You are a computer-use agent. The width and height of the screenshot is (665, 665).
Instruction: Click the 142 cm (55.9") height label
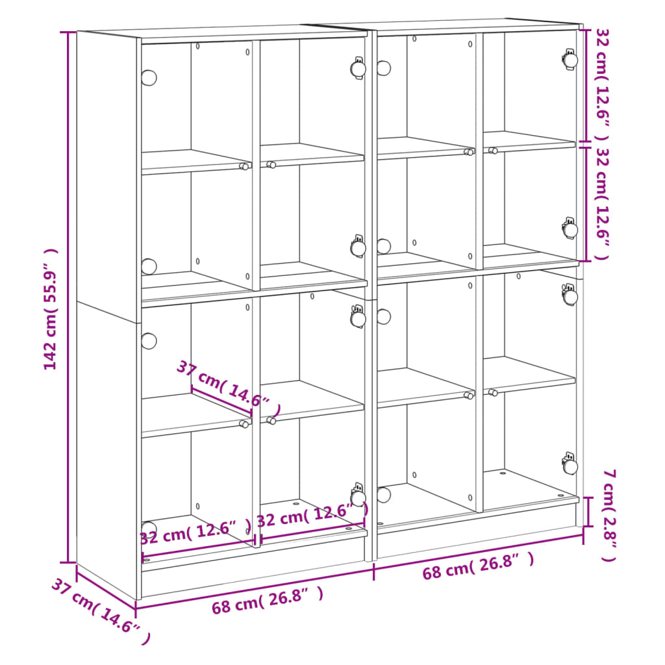coord(51,309)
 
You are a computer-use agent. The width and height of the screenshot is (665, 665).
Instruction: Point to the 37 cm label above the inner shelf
coord(228,389)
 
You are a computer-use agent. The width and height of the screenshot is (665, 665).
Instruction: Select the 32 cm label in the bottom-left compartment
coord(195,533)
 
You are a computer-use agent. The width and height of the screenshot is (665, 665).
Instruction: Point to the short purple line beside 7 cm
coord(589,511)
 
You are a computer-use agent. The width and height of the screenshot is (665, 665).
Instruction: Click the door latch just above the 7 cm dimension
coord(570,465)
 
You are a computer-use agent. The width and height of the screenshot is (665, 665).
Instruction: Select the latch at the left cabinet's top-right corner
coord(358,68)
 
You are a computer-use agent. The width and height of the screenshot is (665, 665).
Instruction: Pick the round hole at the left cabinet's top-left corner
coord(149,78)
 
